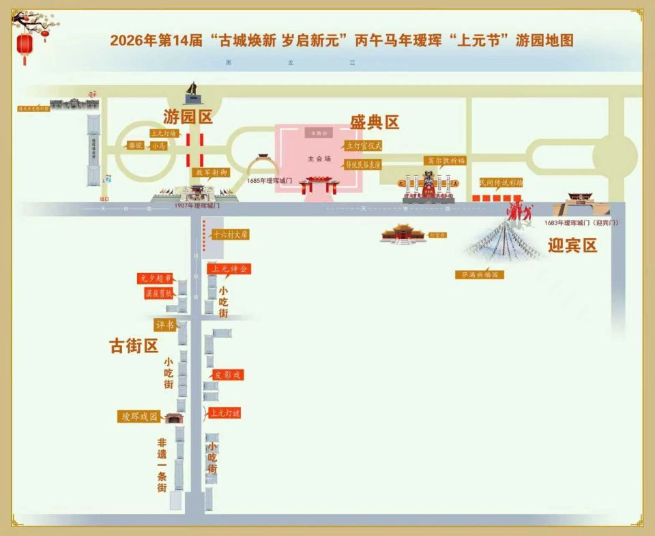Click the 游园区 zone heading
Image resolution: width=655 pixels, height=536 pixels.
pyautogui.click(x=188, y=117)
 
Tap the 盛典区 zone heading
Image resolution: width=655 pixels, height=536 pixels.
pyautogui.click(x=375, y=122)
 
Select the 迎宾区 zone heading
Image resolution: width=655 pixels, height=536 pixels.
pyautogui.click(x=572, y=245)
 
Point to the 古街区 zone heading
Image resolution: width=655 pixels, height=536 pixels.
pyautogui.click(x=134, y=346)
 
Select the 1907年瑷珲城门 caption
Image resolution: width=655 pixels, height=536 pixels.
pyautogui.click(x=196, y=205)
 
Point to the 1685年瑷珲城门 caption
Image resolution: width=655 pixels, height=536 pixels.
pyautogui.click(x=269, y=180)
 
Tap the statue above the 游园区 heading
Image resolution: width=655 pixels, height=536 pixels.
pyautogui.click(x=193, y=92)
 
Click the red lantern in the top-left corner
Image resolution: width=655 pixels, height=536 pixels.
pyautogui.click(x=25, y=46)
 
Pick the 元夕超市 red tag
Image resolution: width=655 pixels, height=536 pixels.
pyautogui.click(x=155, y=279)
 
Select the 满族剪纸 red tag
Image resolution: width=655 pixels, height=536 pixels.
pyautogui.click(x=158, y=293)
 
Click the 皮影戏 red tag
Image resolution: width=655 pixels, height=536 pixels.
pyautogui.click(x=227, y=375)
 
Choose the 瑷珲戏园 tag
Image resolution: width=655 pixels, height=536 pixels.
pyautogui.click(x=140, y=417)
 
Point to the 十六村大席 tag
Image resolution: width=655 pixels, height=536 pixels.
pyautogui.click(x=230, y=234)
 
